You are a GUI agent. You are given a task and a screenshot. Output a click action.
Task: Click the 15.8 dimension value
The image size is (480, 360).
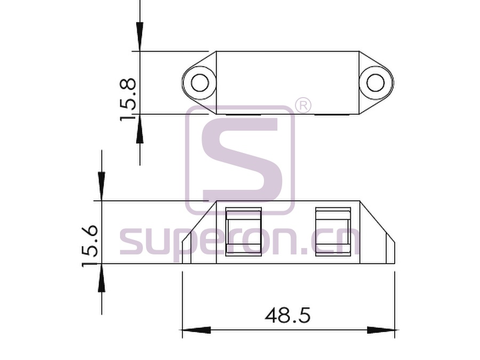(x=127, y=99)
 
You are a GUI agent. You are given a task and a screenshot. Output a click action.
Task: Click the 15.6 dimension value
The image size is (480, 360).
(x=90, y=246)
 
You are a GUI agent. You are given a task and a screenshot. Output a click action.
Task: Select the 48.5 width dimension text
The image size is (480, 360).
(x=287, y=316)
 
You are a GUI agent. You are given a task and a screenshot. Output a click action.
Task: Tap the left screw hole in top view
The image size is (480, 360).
(x=200, y=83)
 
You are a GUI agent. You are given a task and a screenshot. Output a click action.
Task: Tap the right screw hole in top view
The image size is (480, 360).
(x=375, y=83)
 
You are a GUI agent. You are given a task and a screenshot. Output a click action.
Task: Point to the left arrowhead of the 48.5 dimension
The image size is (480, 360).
(x=196, y=330)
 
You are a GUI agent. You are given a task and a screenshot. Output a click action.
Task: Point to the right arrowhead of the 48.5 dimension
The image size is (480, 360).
(x=381, y=330)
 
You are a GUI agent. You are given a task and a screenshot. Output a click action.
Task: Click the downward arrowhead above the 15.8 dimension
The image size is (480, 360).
(x=140, y=37)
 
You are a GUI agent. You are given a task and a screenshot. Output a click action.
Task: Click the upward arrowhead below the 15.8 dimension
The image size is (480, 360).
(x=140, y=129)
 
